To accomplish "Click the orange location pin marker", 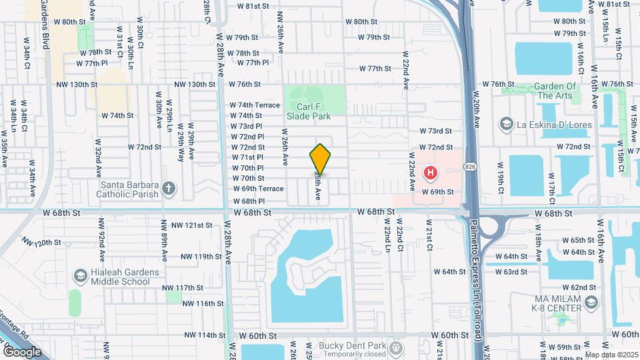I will tap(320, 159).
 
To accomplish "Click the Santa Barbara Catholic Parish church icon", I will tap(169, 189).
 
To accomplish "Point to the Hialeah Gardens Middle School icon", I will tap(80, 276).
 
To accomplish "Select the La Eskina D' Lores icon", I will tap(506, 123).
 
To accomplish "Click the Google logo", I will tap(22, 351).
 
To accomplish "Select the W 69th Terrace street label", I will tap(258, 189).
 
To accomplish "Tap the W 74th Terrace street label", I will tap(255, 105).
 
